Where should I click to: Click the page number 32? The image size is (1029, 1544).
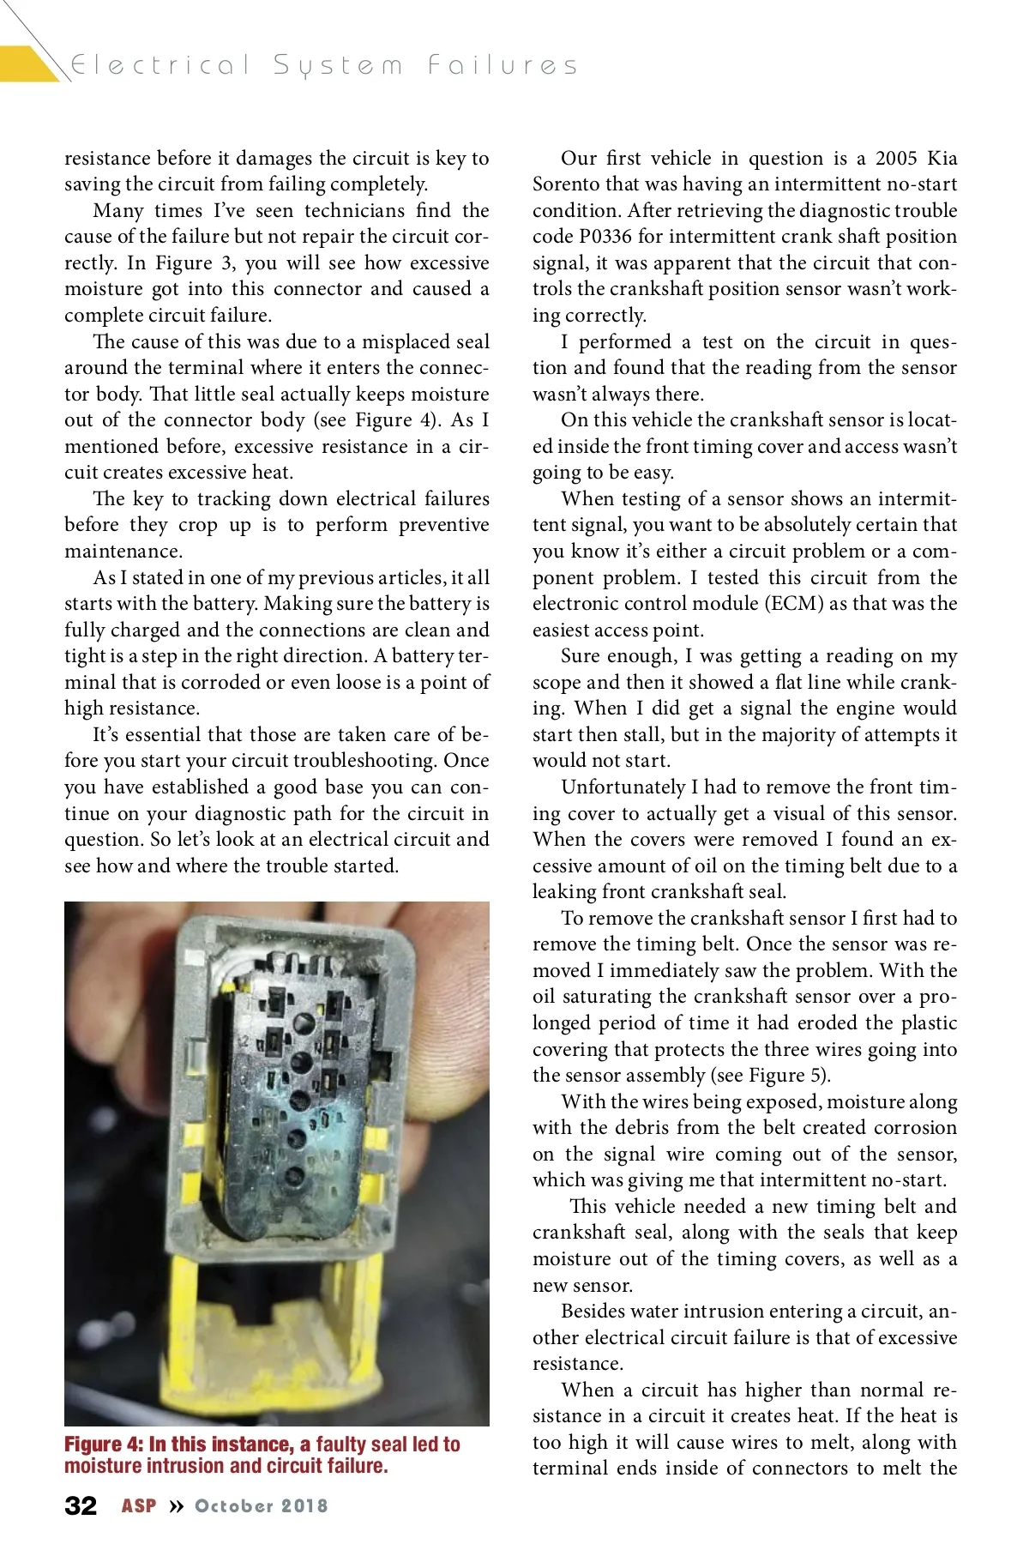(x=81, y=1505)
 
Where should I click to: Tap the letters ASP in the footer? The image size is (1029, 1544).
(x=139, y=1506)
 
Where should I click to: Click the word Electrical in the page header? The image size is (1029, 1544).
(x=160, y=65)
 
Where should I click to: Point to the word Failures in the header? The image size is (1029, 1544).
(x=503, y=65)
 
